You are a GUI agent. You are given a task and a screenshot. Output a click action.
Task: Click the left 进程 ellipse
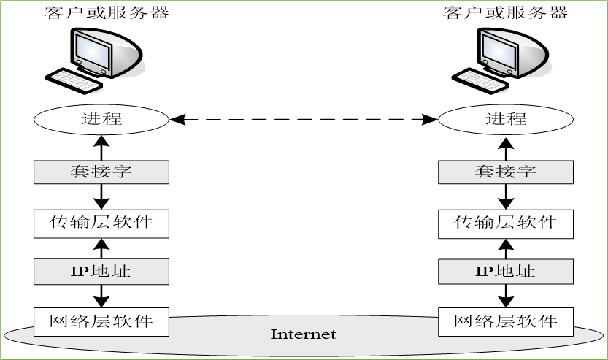101,119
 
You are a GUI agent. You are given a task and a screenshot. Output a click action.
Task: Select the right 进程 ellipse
505,119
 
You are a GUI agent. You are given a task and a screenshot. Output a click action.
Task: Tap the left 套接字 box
101,172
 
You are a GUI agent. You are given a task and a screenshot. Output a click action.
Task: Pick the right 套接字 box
505,172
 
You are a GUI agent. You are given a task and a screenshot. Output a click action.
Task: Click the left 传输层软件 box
101,222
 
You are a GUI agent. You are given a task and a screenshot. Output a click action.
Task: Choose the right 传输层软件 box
505,222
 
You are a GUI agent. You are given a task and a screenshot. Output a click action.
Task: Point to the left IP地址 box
101,272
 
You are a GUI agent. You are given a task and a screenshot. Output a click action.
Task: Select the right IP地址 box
505,272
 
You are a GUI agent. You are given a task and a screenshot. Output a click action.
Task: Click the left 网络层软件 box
101,321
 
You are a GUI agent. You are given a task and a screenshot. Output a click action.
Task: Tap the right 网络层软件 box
505,321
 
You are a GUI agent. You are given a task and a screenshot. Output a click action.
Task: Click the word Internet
303,334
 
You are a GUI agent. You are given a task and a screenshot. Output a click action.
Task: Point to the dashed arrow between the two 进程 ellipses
303,119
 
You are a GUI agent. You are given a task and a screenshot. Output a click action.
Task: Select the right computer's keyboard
478,79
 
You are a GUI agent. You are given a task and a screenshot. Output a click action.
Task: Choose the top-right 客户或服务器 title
505,13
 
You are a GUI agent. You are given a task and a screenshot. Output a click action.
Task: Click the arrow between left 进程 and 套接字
101,147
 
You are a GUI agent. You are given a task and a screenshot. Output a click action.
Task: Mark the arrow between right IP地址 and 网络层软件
505,296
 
